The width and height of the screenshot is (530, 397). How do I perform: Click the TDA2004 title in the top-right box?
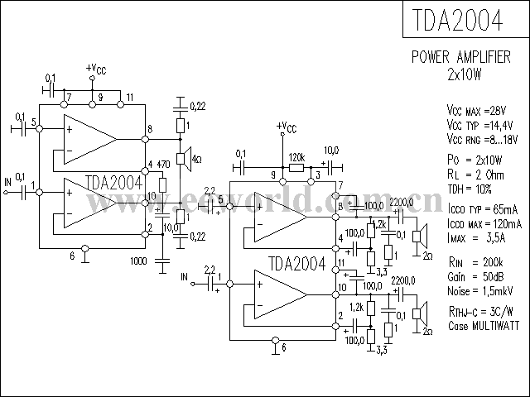tap(466, 20)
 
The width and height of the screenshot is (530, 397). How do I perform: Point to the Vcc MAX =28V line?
tap(475, 111)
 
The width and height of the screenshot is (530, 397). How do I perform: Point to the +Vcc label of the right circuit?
tap(287, 127)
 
